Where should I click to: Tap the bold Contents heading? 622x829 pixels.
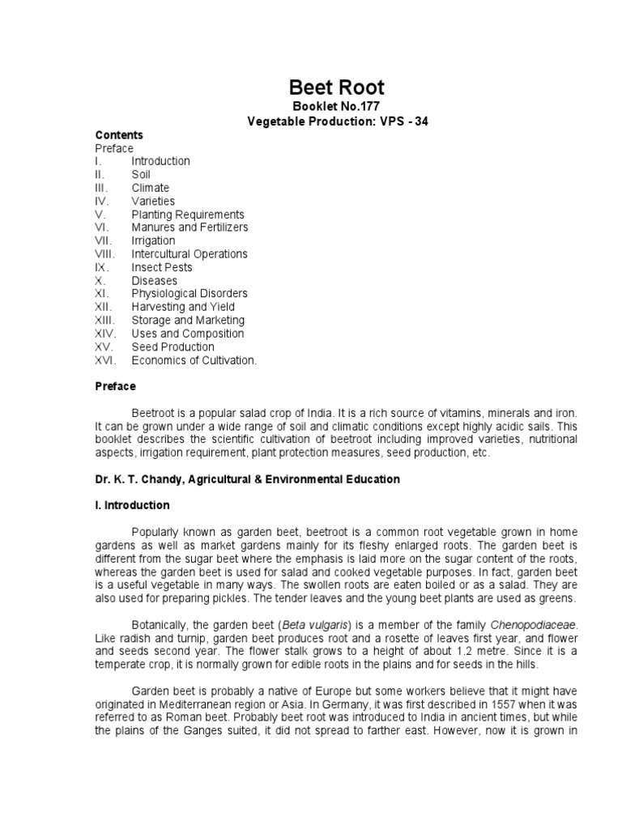pos(118,135)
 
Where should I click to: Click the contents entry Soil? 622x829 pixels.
pos(141,174)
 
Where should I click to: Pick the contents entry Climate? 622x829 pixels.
pos(151,188)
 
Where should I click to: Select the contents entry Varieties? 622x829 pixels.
pos(153,201)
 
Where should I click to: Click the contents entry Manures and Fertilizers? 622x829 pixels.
pos(190,227)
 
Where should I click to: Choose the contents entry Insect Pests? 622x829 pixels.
pos(162,267)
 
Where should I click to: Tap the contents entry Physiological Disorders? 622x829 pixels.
pos(190,294)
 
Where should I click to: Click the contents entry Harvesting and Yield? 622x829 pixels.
pos(183,307)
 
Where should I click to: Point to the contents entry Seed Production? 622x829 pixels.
pos(173,346)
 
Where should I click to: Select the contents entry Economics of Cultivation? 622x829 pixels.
pos(194,360)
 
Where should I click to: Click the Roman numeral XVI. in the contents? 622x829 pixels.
pos(105,360)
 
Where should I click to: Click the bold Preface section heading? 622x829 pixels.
pos(116,386)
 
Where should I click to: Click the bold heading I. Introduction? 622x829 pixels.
pos(132,505)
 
